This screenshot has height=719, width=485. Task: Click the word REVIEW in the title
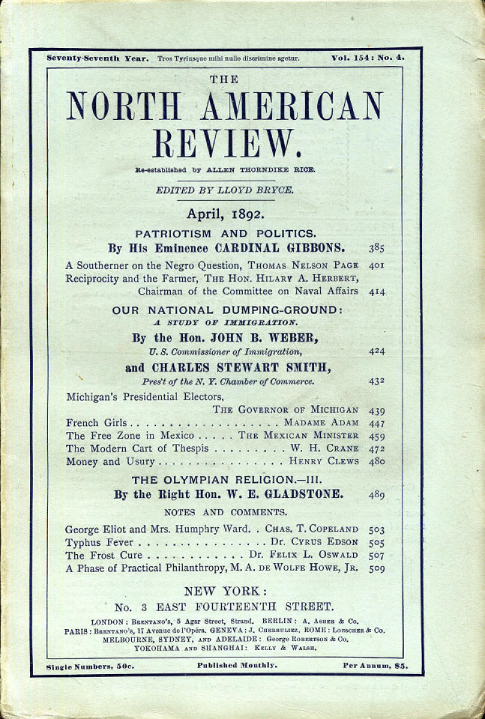pos(225,143)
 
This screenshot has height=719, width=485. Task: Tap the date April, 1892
pos(226,214)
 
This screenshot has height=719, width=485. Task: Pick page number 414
pos(377,292)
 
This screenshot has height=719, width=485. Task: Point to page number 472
pos(377,448)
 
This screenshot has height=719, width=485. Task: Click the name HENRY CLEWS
pos(324,461)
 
